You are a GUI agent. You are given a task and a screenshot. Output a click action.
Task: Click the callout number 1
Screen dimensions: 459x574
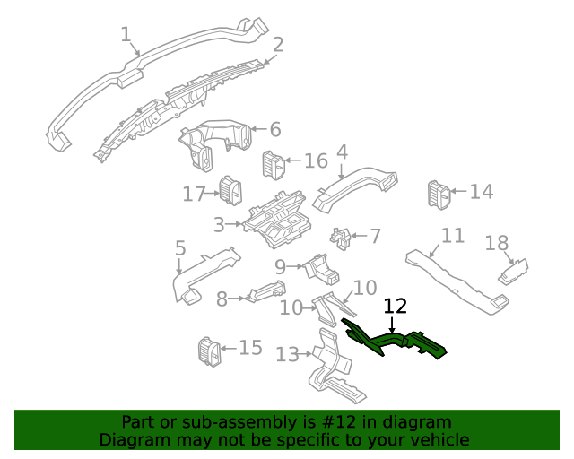pos(126,35)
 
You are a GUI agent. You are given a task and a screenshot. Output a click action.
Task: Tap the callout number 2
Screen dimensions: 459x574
pos(278,44)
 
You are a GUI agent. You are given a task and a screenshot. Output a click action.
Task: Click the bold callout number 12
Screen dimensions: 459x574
pos(396,307)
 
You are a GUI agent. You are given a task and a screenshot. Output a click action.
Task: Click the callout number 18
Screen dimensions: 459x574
pos(497,243)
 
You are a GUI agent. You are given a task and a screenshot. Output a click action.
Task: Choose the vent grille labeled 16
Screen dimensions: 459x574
pos(273,164)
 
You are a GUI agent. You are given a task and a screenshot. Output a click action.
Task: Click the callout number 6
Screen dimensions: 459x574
pos(274,129)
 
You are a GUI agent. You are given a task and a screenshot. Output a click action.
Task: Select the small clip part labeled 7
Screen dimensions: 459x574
pos(341,239)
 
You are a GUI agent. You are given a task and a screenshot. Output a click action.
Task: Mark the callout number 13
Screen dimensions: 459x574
pos(287,355)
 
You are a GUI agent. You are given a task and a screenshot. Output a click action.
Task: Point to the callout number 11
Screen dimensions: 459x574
pos(453,236)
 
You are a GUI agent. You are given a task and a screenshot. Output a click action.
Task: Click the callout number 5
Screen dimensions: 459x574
pos(180,247)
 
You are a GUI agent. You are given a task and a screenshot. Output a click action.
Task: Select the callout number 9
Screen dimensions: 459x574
pos(280,266)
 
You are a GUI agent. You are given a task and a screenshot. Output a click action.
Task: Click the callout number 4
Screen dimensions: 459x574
pos(342,152)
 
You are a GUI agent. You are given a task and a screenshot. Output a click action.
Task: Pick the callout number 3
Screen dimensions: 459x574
pos(219,223)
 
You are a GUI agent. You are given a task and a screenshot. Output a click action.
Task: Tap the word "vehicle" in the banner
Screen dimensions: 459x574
pos(439,440)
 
